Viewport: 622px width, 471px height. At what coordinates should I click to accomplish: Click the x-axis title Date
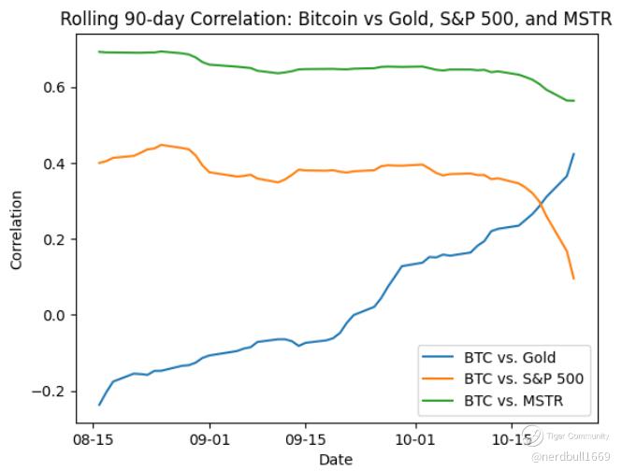(x=335, y=459)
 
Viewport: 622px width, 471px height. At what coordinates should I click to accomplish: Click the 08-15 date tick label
(x=93, y=437)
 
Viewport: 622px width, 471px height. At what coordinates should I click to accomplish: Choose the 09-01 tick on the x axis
(x=209, y=437)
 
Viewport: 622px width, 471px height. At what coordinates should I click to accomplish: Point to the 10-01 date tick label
(x=413, y=437)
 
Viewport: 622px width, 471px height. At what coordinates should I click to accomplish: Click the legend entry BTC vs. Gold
(x=509, y=357)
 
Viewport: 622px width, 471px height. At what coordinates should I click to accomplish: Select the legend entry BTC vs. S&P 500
(x=523, y=379)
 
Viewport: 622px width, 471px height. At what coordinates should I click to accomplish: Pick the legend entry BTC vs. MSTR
(x=514, y=402)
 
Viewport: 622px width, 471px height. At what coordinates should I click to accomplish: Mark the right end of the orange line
(x=573, y=278)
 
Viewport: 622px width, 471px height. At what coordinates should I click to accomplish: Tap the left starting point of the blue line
(x=99, y=405)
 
